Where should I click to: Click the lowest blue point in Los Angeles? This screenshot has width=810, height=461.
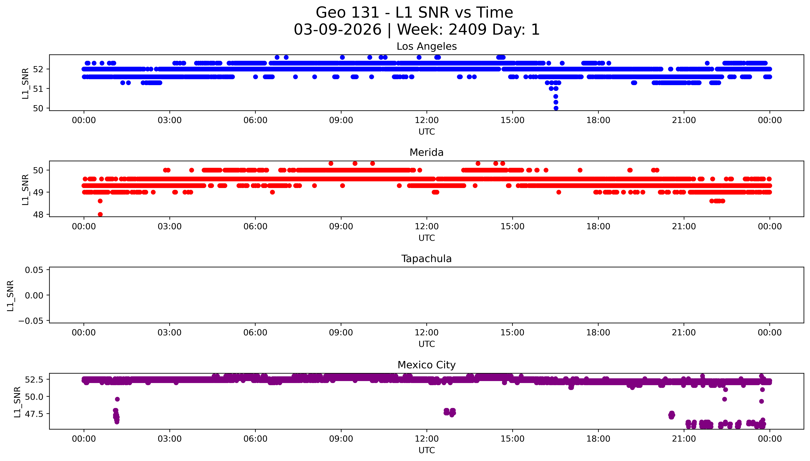[x=556, y=108]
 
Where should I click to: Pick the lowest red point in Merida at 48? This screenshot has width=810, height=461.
[x=100, y=214]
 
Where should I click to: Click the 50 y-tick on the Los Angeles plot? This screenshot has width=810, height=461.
[x=38, y=108]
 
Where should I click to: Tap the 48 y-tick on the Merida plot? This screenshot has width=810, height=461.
[x=38, y=215]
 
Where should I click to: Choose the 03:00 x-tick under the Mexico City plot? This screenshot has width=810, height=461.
[x=169, y=439]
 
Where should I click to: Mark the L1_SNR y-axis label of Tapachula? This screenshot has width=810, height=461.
[x=10, y=295]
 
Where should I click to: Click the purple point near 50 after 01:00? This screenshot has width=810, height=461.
[x=117, y=399]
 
